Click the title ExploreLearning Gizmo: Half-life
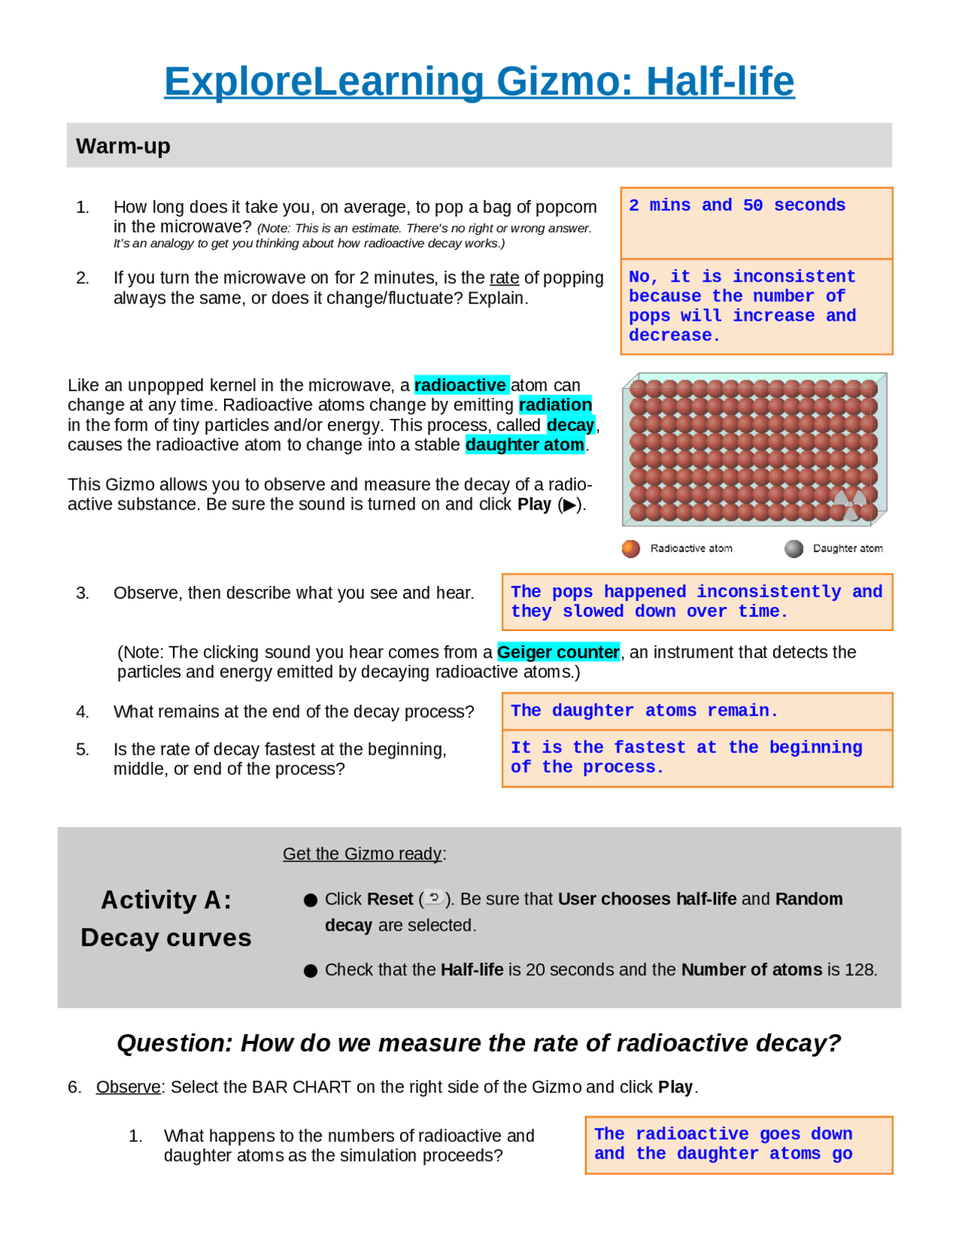coord(479,81)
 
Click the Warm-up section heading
coord(123,145)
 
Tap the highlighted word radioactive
coord(461,385)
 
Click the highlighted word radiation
coord(555,405)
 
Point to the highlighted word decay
coord(570,425)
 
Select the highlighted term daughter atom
coord(524,444)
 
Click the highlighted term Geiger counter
coord(558,652)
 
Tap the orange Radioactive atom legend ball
coord(631,549)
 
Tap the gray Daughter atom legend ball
coord(793,549)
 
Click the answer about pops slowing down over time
coord(697,602)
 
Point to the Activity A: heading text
coord(166,899)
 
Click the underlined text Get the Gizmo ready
coord(363,854)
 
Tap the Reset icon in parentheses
coord(434,897)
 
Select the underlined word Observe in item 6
coord(128,1087)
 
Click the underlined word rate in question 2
coord(504,278)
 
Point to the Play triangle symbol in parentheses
coord(570,505)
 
